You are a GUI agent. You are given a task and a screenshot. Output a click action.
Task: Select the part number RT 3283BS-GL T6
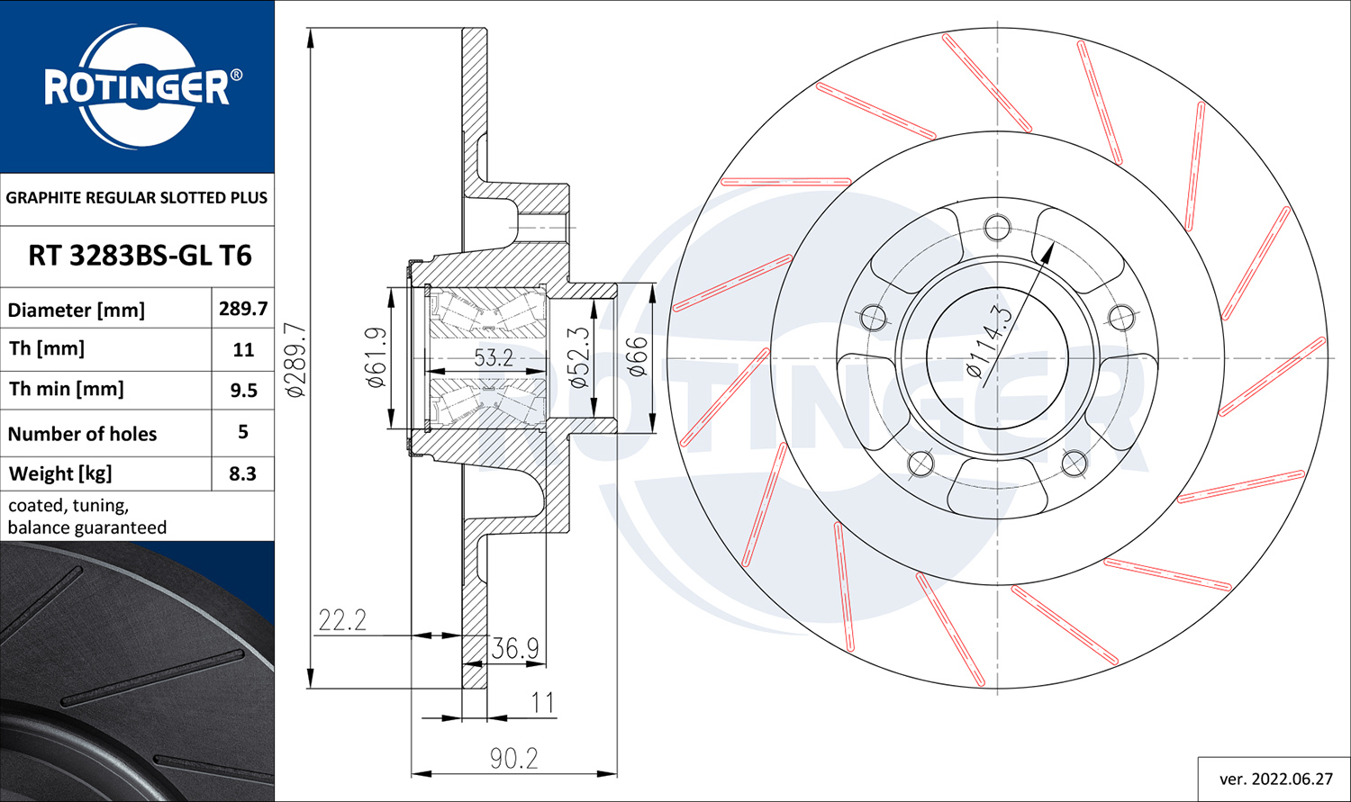coord(140,256)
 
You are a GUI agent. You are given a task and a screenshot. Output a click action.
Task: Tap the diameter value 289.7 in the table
coord(243,309)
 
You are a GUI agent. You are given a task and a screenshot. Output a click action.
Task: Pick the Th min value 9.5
coord(244,390)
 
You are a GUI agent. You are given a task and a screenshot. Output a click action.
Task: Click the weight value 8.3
coord(242,473)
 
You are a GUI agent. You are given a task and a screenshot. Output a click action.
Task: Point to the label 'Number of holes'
coord(82,434)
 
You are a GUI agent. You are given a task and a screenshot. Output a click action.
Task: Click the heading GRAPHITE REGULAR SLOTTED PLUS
coord(136,198)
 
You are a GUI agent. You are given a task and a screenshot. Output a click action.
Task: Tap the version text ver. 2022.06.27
coord(1275,779)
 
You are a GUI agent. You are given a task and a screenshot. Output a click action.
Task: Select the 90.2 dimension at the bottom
coord(514,759)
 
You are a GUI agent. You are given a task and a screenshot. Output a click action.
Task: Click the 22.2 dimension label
coord(342,620)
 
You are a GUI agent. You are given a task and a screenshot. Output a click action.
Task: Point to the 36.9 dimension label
coord(515,648)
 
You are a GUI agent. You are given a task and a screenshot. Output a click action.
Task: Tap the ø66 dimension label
coord(638,356)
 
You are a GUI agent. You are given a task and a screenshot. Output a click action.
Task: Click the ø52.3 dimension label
coord(578,358)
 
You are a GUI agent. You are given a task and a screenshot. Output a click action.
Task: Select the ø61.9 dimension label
coord(376,357)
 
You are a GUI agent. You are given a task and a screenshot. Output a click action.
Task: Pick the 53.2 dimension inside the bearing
coord(494,358)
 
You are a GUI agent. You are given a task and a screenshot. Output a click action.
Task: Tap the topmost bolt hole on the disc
coord(997,228)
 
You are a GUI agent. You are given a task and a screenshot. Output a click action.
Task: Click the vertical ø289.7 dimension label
coord(295,359)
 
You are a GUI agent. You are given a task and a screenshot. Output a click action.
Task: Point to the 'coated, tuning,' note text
coord(68,506)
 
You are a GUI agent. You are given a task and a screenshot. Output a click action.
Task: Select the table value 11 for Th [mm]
coord(243,349)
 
